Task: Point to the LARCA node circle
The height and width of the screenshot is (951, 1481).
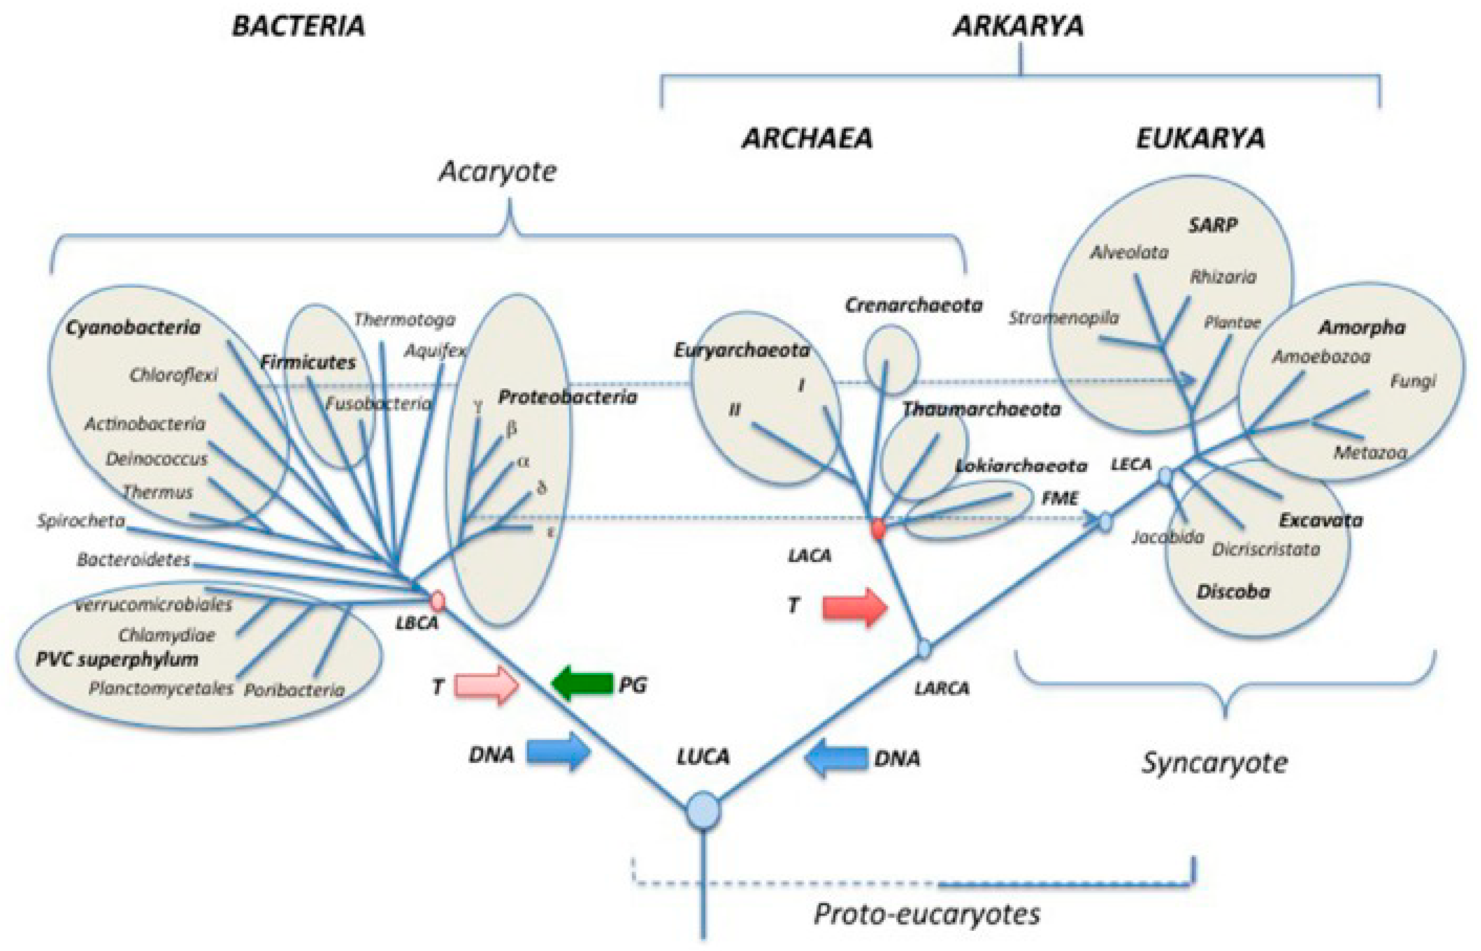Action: tap(924, 648)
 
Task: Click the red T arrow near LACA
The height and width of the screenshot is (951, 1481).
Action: tap(855, 607)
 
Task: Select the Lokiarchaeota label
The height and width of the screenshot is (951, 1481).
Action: tap(1021, 466)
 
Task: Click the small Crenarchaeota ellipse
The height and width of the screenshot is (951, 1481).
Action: tap(891, 360)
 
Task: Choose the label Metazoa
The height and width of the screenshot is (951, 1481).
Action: tap(1370, 453)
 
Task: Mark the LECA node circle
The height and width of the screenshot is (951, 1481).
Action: tap(1165, 475)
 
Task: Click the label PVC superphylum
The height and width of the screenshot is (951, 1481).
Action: tap(117, 660)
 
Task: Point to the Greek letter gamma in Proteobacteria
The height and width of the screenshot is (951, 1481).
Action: tap(477, 406)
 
